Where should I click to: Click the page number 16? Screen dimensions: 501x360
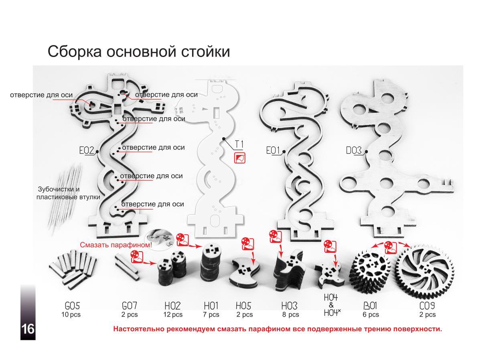[x=28, y=329]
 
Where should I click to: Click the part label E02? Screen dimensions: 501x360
[x=87, y=151]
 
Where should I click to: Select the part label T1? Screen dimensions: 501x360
[x=239, y=144]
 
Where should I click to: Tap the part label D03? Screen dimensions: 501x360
[x=354, y=151]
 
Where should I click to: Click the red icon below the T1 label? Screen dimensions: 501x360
[x=239, y=158]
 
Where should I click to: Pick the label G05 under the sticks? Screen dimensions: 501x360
[x=71, y=307]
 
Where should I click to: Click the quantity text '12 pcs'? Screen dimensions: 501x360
[x=173, y=315]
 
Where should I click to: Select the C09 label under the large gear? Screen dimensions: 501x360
[x=427, y=307]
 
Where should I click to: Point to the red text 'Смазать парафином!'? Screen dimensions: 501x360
[x=116, y=244]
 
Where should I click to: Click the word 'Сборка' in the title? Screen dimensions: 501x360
[x=74, y=52]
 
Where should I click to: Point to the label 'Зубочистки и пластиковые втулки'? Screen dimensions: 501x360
[x=68, y=193]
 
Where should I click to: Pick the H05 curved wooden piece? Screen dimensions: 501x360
[x=243, y=274]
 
